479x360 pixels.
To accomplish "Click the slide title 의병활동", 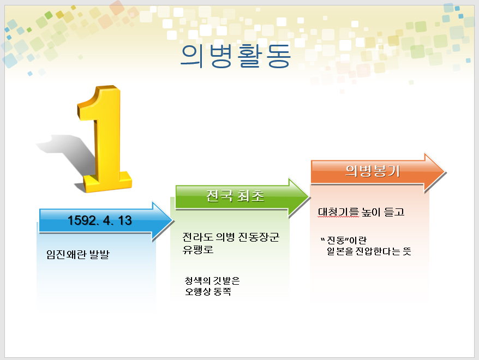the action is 235,56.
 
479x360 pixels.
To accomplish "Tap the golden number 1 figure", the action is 105,139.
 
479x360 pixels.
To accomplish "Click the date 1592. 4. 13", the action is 100,220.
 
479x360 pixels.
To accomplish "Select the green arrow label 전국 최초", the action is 235,196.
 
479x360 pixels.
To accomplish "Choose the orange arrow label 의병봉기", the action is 373,171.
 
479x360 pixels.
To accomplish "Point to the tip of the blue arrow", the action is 173,221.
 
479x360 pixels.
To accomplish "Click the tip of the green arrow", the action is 309,197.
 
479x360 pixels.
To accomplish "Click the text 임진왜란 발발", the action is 77,254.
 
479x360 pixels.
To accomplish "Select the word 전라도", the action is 197,237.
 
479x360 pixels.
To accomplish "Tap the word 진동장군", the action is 259,237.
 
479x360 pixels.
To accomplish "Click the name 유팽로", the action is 198,249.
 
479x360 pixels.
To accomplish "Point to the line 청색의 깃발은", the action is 212,280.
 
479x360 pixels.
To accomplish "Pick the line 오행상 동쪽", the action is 208,291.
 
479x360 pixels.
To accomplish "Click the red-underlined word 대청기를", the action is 338,212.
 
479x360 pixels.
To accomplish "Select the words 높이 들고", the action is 383,212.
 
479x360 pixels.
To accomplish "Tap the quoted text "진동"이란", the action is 344,241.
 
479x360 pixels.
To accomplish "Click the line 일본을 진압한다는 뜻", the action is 369,251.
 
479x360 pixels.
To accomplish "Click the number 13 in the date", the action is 124,220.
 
